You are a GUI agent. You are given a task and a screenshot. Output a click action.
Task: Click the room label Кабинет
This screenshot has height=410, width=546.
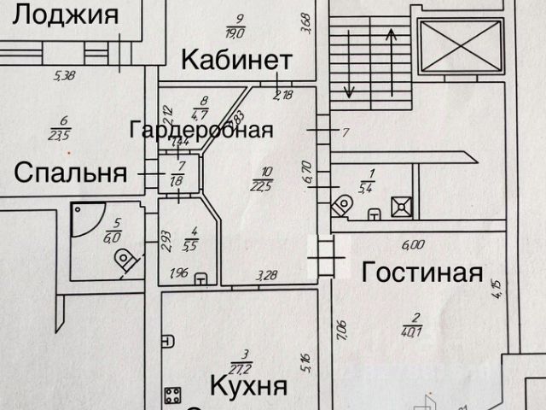click(x=236, y=61)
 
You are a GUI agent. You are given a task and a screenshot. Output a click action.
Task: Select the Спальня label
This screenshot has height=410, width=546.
click(x=71, y=173)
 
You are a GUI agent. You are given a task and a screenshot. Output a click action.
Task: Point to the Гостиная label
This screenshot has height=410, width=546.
click(x=422, y=273)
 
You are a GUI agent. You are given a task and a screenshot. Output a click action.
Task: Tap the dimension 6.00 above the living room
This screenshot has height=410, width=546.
click(x=412, y=244)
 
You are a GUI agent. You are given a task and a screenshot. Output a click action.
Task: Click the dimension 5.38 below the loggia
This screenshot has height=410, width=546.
click(x=65, y=76)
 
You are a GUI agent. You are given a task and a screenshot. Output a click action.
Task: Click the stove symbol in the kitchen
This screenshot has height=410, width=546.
click(x=173, y=395)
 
